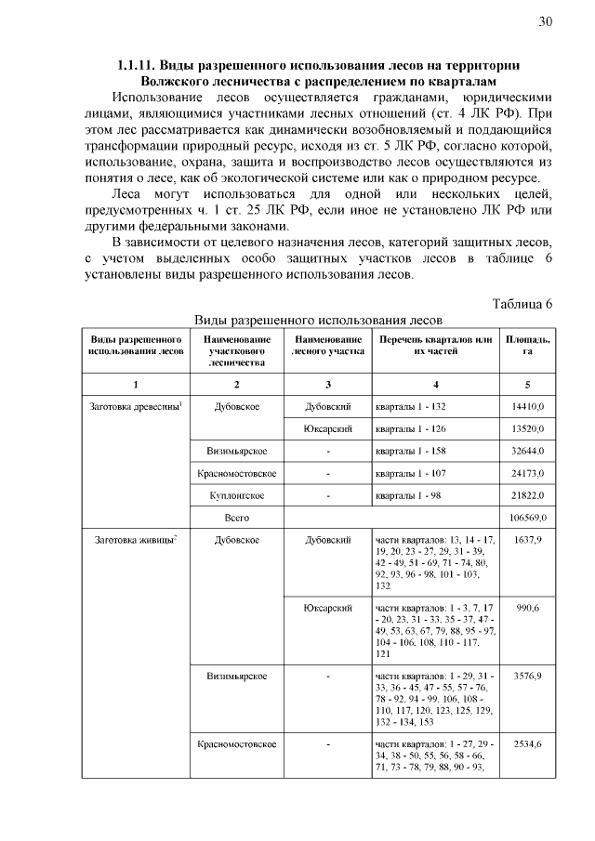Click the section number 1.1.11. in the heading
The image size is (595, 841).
pyautogui.click(x=137, y=65)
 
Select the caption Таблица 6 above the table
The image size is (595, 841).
pyautogui.click(x=522, y=304)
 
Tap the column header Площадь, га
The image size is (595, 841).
pyautogui.click(x=527, y=346)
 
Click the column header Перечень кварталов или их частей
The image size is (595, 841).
pyautogui.click(x=433, y=346)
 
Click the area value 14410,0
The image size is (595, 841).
pyautogui.click(x=528, y=407)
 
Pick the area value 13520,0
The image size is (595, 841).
pyautogui.click(x=528, y=429)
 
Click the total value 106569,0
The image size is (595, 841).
pyautogui.click(x=526, y=517)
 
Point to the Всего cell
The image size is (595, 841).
pyautogui.click(x=236, y=517)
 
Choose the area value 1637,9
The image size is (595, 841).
pyautogui.click(x=528, y=539)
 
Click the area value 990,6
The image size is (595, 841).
pyautogui.click(x=528, y=607)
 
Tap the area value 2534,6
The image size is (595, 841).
pyautogui.click(x=528, y=744)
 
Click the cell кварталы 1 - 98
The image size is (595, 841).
pyautogui.click(x=408, y=494)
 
